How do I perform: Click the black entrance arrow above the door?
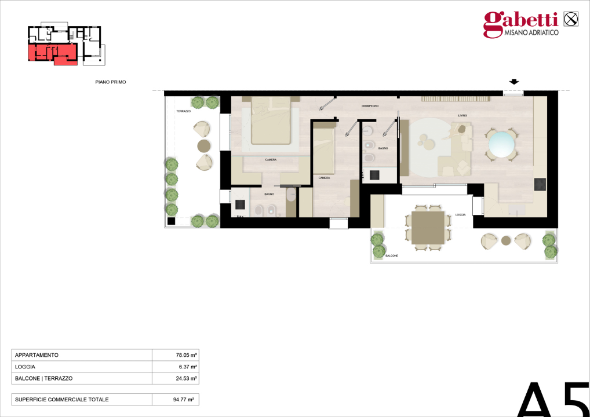pyautogui.click(x=513, y=82)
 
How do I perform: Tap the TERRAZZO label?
pyautogui.click(x=183, y=111)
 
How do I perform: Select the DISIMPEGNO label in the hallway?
pyautogui.click(x=370, y=106)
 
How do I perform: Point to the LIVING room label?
pyautogui.click(x=462, y=116)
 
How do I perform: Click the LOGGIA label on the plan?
pyautogui.click(x=460, y=215)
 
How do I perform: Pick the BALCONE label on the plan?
pyautogui.click(x=391, y=255)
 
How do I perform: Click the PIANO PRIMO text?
pyautogui.click(x=110, y=82)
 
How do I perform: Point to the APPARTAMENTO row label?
pyautogui.click(x=37, y=355)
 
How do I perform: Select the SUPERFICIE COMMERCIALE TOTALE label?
pyautogui.click(x=62, y=400)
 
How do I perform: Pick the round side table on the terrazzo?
pyautogui.click(x=203, y=145)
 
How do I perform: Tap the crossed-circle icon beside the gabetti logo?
pyautogui.click(x=571, y=19)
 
